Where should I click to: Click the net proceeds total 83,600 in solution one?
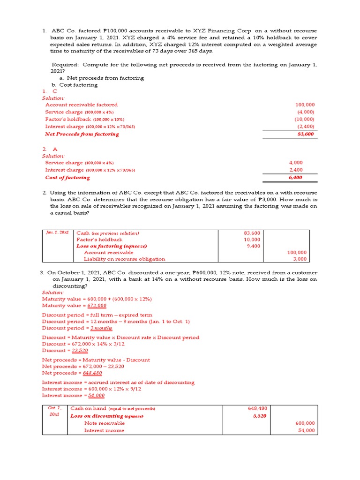(x=306, y=134)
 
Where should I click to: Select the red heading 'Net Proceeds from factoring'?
(x=82, y=134)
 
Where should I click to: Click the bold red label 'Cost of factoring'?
(x=67, y=178)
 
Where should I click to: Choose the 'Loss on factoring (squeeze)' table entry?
(x=112, y=246)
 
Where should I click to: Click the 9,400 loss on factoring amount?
(x=253, y=246)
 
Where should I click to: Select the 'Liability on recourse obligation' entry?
(x=124, y=259)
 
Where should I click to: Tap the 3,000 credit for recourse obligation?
(x=300, y=259)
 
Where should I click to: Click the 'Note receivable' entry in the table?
(x=104, y=423)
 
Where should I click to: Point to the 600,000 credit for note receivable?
(x=306, y=423)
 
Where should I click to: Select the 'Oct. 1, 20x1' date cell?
(x=55, y=412)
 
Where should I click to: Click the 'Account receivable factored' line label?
(x=82, y=105)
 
